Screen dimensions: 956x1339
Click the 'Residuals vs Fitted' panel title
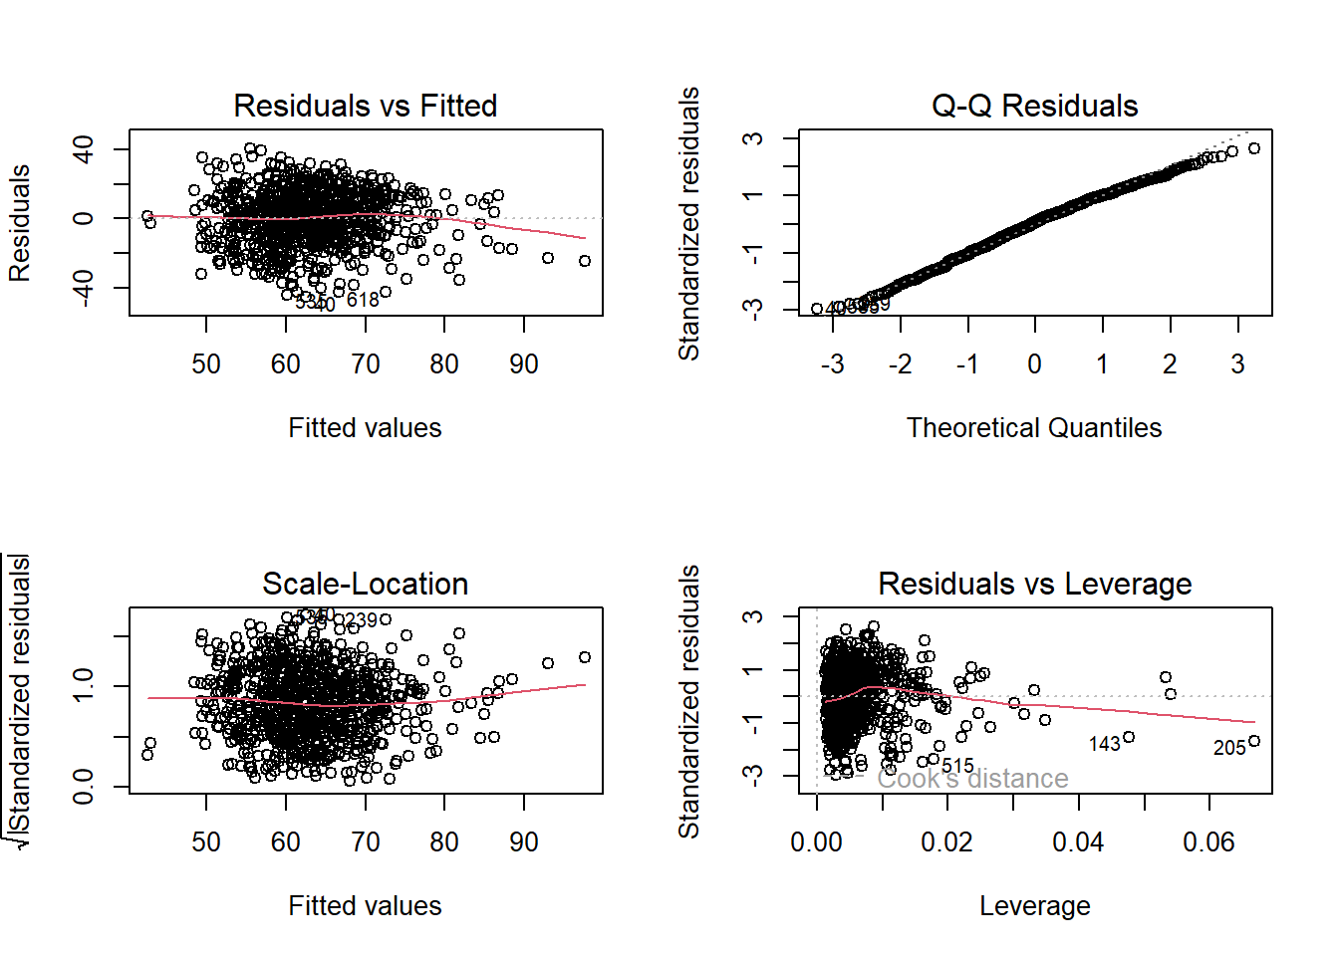[365, 106]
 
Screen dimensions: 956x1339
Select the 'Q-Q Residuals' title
[1034, 106]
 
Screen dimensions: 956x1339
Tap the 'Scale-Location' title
[365, 584]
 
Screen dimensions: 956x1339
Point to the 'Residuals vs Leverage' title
[1034, 584]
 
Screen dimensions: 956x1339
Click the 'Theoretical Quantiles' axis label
[1034, 428]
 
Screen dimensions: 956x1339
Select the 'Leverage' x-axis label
[1034, 906]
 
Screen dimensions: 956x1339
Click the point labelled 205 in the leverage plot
[1254, 741]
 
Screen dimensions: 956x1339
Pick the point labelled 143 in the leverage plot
[1129, 738]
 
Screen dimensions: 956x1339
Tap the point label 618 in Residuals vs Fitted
[363, 300]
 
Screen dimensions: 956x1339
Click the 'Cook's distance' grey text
[972, 779]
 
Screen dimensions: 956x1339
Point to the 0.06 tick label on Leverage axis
[1208, 842]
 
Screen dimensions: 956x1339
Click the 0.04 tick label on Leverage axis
[1078, 842]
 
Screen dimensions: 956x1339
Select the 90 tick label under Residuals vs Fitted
[524, 364]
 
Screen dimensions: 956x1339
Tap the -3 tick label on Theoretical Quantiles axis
[832, 364]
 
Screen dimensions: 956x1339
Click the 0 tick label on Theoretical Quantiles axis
[1035, 364]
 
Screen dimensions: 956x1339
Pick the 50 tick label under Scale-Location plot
[206, 842]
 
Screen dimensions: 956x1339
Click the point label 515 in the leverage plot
[957, 766]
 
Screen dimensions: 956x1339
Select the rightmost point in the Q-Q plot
[1254, 148]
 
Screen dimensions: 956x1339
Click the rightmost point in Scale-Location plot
[585, 657]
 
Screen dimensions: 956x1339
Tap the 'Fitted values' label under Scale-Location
[365, 906]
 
